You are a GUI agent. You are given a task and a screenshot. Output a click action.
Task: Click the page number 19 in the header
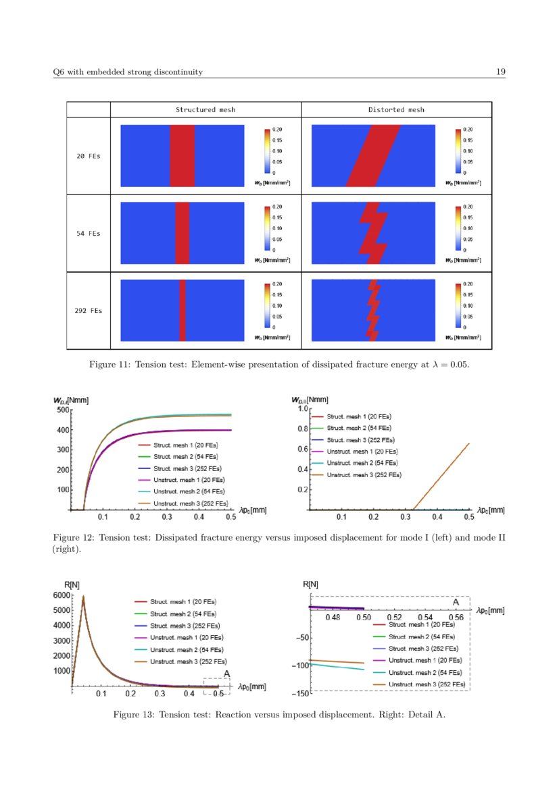pyautogui.click(x=501, y=72)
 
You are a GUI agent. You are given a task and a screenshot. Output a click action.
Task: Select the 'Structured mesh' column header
pyautogui.click(x=205, y=109)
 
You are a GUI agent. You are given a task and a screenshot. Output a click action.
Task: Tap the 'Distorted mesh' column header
pyautogui.click(x=396, y=109)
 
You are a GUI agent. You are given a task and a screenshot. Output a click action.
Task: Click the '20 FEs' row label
pyautogui.click(x=88, y=156)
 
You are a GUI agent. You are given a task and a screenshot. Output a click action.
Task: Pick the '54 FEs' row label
pyautogui.click(x=88, y=234)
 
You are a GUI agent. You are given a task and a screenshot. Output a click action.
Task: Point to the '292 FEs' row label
pyautogui.click(x=88, y=311)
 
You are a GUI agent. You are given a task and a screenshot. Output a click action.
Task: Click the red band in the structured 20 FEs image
pyautogui.click(x=182, y=155)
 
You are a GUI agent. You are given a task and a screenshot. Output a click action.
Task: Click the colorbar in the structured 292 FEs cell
pyautogui.click(x=266, y=304)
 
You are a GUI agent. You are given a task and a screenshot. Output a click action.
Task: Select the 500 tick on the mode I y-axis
pyautogui.click(x=62, y=410)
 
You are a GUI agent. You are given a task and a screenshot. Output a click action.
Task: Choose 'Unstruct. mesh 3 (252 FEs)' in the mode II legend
pyautogui.click(x=364, y=475)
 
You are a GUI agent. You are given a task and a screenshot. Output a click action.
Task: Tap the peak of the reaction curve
pyautogui.click(x=83, y=596)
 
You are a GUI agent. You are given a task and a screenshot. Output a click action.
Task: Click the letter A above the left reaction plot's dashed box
pyautogui.click(x=226, y=673)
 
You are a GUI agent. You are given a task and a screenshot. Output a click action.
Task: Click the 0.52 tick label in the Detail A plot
pyautogui.click(x=394, y=618)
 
